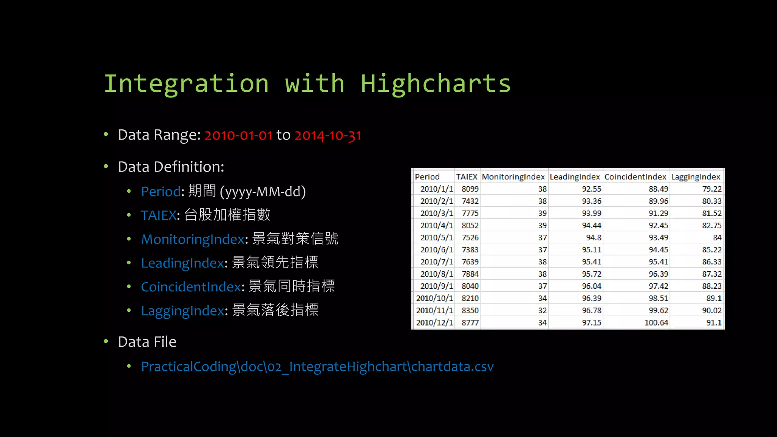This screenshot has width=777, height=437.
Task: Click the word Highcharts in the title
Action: pos(436,84)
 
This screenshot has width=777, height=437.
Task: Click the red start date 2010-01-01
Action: pos(238,135)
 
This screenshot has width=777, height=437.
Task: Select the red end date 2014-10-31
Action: pos(328,135)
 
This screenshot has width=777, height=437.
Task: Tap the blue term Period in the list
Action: pos(160,192)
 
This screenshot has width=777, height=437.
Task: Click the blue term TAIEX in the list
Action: pos(159,215)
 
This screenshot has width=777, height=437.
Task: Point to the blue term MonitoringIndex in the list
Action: pos(193,239)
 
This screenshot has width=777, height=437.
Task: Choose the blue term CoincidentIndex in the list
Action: pos(191,287)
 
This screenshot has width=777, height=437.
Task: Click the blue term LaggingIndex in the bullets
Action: pos(182,311)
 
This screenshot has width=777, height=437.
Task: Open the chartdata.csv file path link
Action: pos(317,367)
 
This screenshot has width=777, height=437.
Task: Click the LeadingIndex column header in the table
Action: pos(574,177)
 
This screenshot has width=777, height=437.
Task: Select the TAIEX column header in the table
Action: pos(466,177)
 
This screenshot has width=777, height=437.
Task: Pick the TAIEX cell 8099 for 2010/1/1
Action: pos(470,189)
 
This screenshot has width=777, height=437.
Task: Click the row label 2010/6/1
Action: pos(436,250)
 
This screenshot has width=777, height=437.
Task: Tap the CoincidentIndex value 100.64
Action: pos(656,322)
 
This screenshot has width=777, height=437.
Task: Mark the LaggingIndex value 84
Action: pos(717,237)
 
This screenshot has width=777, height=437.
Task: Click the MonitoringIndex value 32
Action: pos(542,310)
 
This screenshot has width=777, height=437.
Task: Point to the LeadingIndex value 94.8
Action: pos(593,237)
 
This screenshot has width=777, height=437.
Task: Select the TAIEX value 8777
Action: pos(470,322)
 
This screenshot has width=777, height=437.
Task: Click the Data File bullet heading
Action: pos(147,342)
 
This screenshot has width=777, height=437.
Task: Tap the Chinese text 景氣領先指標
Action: pos(275,263)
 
